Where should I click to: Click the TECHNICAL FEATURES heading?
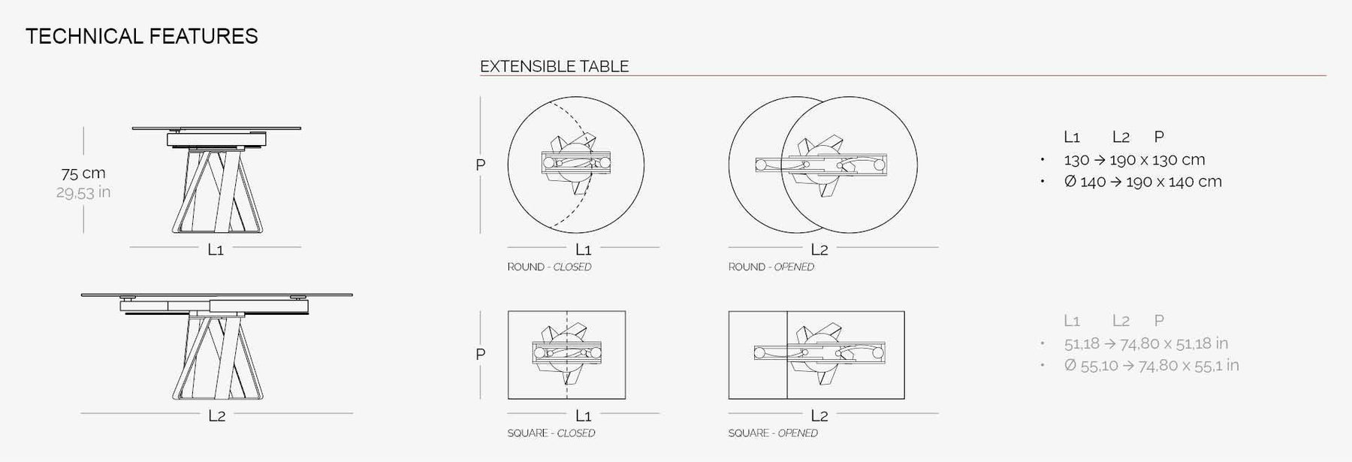(x=142, y=36)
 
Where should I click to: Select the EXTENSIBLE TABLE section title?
(x=554, y=66)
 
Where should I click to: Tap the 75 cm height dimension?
(x=83, y=173)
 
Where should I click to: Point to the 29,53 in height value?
(x=83, y=192)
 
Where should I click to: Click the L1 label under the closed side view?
(x=216, y=249)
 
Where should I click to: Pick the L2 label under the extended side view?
(x=216, y=415)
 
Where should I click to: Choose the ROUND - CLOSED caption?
(x=549, y=267)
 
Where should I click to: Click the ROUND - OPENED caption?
(x=771, y=267)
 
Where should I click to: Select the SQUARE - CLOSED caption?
(x=551, y=433)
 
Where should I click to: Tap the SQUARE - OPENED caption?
(x=773, y=433)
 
